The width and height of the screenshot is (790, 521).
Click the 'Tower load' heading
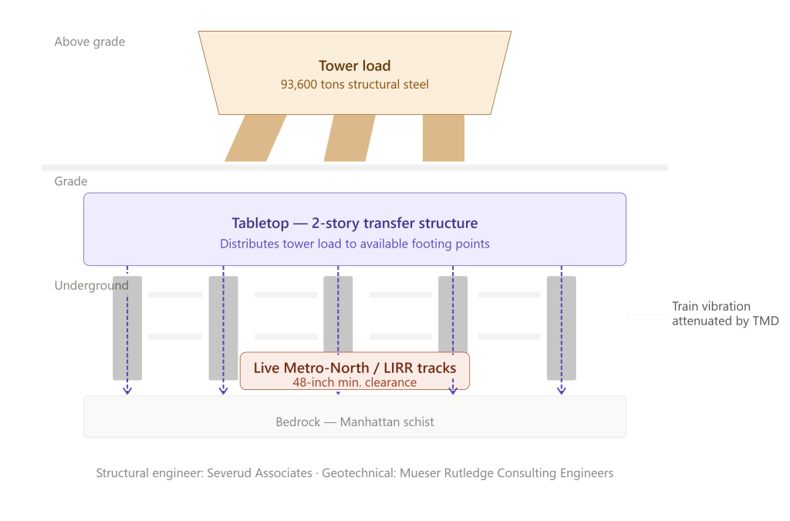(355, 66)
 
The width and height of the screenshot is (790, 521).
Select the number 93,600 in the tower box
(299, 84)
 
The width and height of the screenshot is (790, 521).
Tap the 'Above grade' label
(89, 42)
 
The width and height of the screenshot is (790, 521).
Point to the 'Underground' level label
(91, 285)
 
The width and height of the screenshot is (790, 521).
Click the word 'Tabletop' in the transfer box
(260, 223)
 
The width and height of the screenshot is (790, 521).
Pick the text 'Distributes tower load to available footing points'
(355, 244)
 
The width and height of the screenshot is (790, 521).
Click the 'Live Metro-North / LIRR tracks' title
(355, 368)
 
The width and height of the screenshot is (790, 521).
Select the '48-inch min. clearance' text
(355, 382)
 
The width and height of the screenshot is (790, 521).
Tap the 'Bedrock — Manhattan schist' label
(355, 422)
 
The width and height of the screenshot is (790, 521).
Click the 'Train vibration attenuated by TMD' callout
(725, 314)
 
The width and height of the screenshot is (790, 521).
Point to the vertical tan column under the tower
(444, 138)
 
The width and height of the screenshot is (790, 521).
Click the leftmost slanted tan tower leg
(255, 138)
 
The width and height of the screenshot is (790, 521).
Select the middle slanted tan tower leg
(349, 138)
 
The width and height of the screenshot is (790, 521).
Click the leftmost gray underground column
(127, 328)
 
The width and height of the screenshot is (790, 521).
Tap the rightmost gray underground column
(562, 328)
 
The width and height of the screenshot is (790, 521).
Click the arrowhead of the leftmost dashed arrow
(127, 391)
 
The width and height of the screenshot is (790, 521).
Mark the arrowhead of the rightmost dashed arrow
(562, 391)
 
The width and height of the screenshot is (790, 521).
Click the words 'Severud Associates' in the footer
(259, 473)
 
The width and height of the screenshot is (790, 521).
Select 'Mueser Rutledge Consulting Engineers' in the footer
(506, 473)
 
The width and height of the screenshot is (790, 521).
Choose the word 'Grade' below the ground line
(70, 181)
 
